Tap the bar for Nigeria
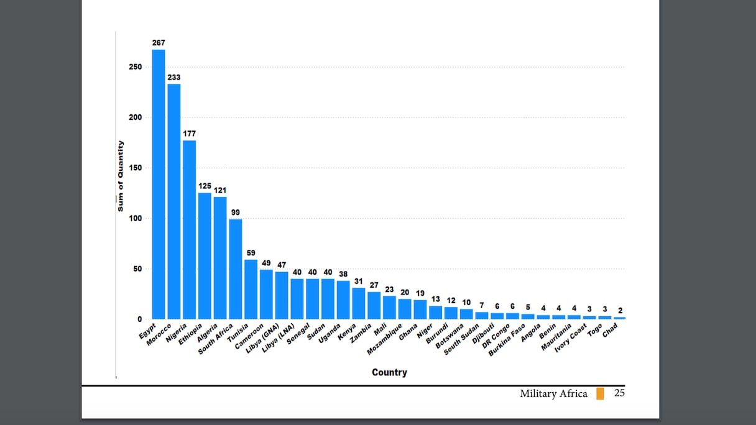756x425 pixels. click(x=190, y=230)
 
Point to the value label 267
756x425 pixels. click(x=159, y=43)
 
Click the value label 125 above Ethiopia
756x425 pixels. click(x=205, y=186)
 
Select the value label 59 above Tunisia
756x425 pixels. click(x=251, y=252)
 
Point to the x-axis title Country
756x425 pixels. click(x=389, y=373)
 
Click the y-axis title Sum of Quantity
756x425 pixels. click(x=121, y=176)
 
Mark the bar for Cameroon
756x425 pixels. click(x=266, y=295)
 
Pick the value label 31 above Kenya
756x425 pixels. click(x=358, y=281)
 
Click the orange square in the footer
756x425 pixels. click(x=600, y=393)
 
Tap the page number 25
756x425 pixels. click(x=619, y=393)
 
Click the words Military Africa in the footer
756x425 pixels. click(x=553, y=393)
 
